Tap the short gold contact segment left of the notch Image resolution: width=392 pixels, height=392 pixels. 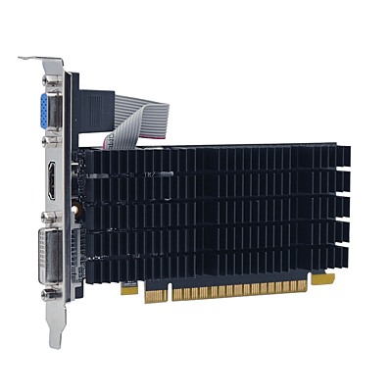[127, 289]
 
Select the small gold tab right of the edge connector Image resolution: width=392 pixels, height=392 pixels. [322, 279]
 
